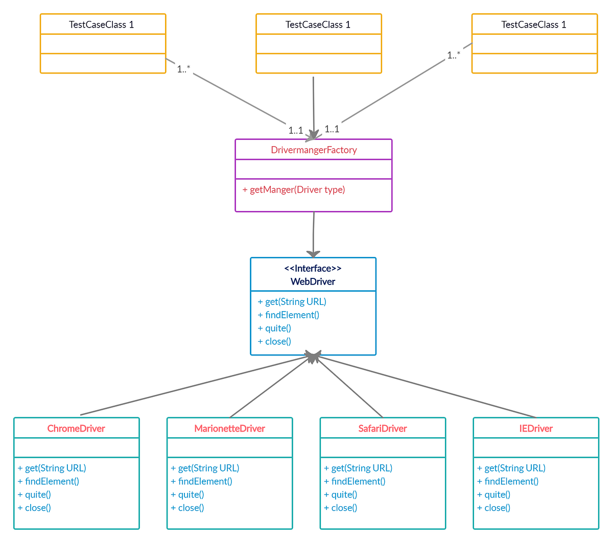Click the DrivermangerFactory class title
[314, 150]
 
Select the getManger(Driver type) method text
[294, 190]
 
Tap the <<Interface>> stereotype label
[313, 268]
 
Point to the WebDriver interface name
[313, 281]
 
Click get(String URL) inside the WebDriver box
[292, 302]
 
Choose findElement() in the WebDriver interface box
[289, 315]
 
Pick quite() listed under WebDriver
[275, 328]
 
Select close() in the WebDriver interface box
[275, 342]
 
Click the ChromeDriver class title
[76, 429]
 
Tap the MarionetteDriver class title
[229, 429]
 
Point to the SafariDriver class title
[383, 429]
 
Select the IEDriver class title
[536, 429]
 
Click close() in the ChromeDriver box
[35, 508]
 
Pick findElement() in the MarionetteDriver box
[202, 481]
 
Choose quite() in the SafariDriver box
[341, 494]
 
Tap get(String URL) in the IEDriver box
[511, 468]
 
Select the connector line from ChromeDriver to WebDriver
[194, 386]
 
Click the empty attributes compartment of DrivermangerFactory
[314, 169]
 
